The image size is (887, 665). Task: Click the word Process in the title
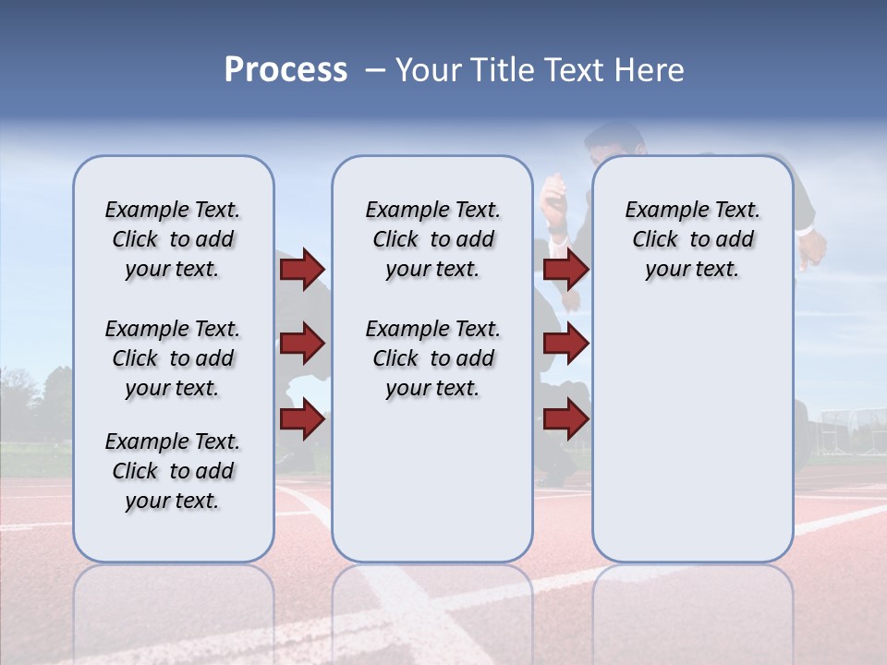[286, 70]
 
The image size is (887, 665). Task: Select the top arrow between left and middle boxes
[302, 269]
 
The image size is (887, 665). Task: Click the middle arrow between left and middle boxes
[302, 345]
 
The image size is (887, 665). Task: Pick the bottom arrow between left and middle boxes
[302, 419]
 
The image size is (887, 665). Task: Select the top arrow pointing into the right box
[566, 269]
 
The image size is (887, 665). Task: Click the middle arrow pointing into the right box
[566, 345]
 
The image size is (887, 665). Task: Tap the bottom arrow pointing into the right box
[566, 419]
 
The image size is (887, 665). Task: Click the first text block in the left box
[173, 239]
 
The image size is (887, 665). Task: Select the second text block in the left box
[173, 358]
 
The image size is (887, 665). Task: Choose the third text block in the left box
[173, 471]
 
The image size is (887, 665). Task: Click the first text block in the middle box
[432, 239]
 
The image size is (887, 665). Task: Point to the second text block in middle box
[432, 358]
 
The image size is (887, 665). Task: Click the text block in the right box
[692, 239]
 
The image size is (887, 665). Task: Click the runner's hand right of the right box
[813, 248]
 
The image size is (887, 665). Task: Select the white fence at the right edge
[845, 429]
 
